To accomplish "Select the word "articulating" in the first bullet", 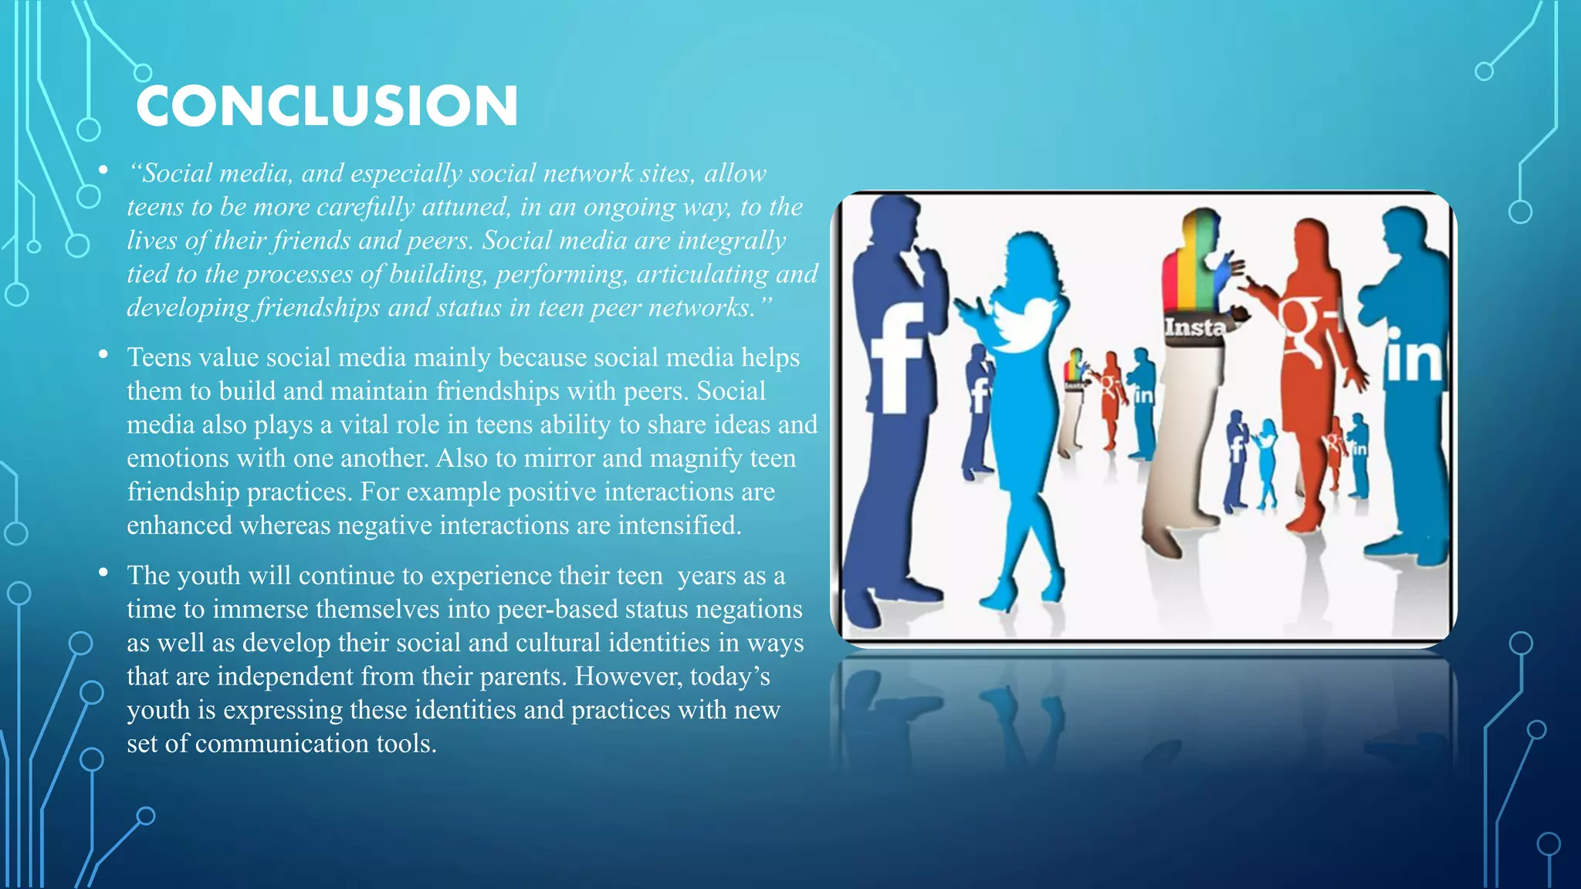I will click(701, 274).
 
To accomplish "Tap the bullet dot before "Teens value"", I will click(103, 354).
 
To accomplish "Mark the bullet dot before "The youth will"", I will click(103, 573).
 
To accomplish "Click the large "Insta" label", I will click(1194, 327).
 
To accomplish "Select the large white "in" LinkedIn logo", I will click(1413, 357).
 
